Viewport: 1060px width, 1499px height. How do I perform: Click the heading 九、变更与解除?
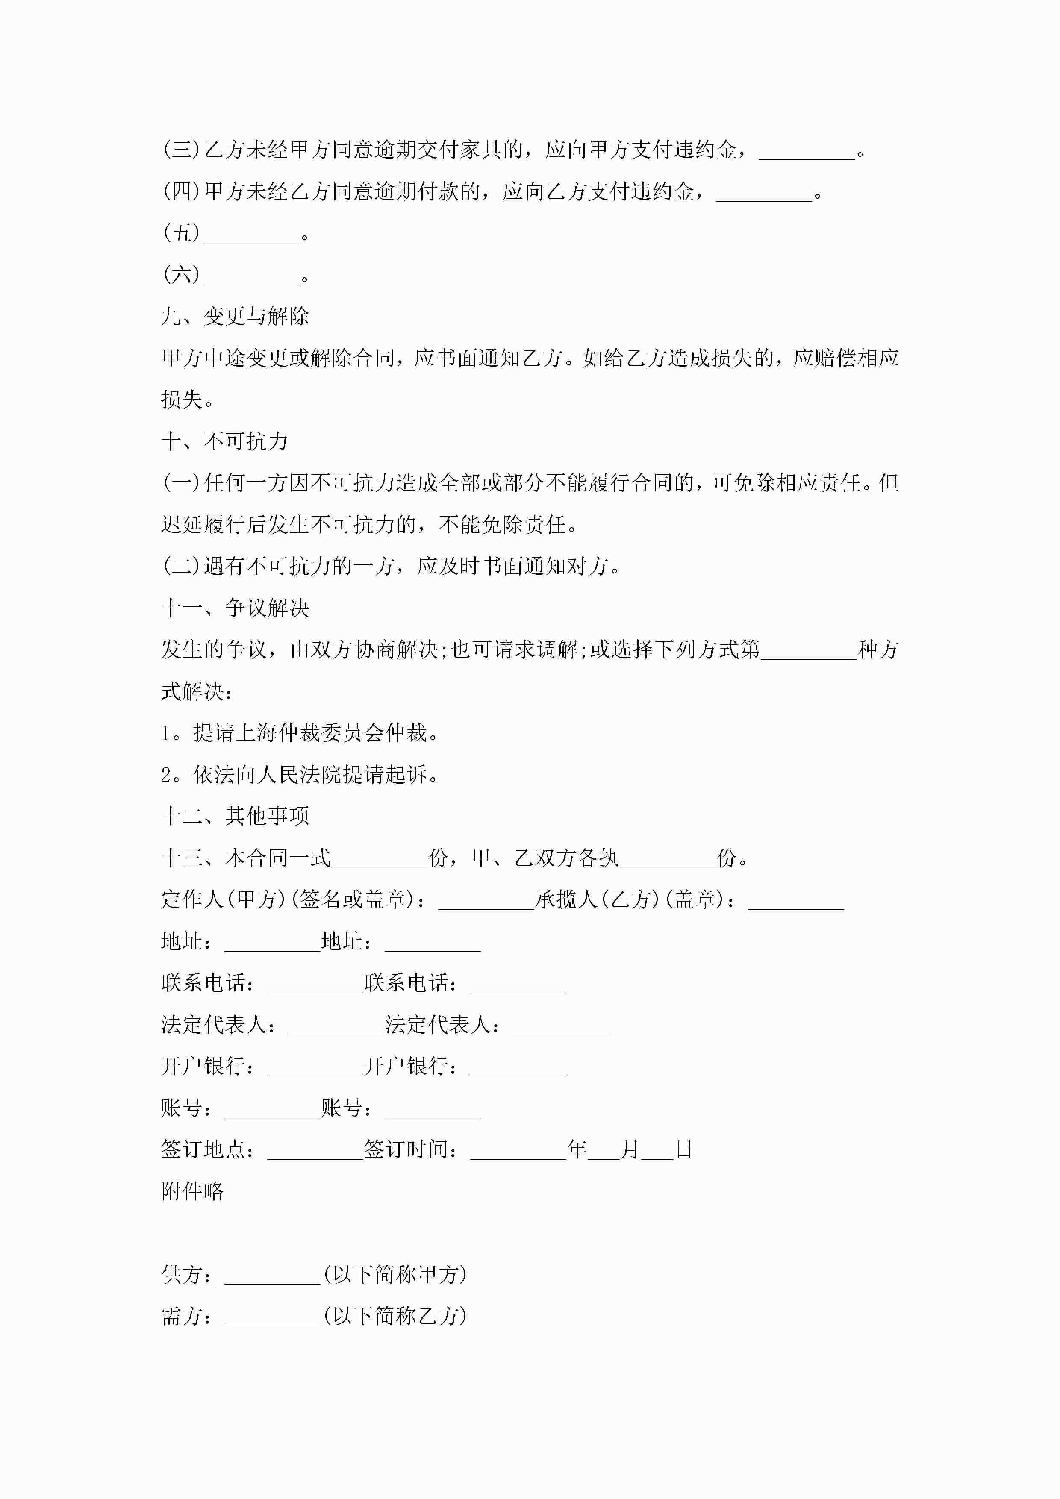coord(235,317)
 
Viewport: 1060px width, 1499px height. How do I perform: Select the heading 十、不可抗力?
coord(225,442)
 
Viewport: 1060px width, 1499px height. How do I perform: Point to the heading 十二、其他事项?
coord(235,816)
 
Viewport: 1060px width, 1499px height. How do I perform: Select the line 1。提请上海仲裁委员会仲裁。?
coord(300,733)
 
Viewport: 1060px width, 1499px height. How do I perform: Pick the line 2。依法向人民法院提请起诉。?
coord(300,775)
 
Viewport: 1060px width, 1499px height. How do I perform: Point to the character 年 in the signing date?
coord(577,1150)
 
